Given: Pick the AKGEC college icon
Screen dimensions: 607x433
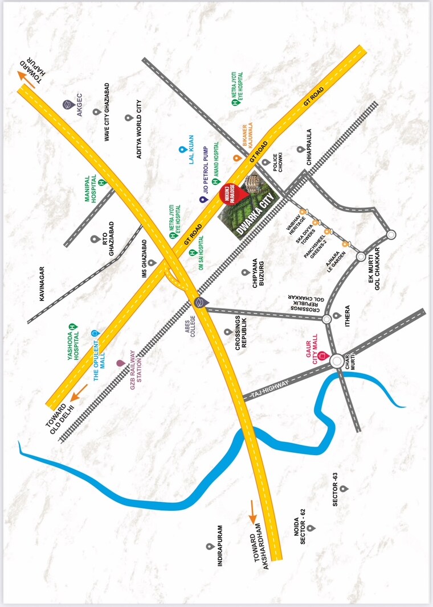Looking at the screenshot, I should [x=67, y=105].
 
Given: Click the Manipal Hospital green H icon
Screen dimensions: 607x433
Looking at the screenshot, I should [x=101, y=183].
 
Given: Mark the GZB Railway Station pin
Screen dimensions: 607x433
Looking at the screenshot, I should [x=120, y=362].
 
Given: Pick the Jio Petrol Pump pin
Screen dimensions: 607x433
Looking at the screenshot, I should [x=202, y=200].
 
